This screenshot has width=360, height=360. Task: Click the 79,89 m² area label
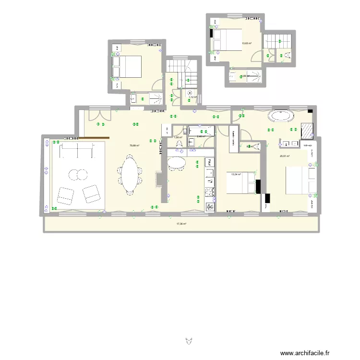coord(134,145)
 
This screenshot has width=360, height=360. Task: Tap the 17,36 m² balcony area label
coord(181,224)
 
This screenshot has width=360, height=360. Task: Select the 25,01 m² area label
coord(285,156)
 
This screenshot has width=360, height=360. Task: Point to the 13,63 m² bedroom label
coord(247,43)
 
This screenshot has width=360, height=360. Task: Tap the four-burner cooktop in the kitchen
coord(210,192)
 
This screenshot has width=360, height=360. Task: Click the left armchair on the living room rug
coord(65,195)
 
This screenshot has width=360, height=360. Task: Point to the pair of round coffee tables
coord(75,174)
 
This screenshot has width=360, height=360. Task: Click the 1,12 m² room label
coord(192,97)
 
